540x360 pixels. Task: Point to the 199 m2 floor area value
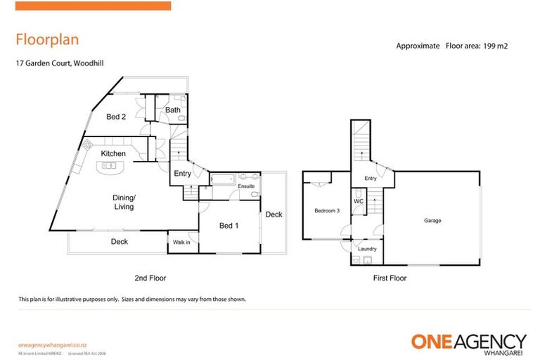pos(491,46)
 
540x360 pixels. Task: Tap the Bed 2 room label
pos(116,117)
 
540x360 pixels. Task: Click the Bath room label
pos(173,110)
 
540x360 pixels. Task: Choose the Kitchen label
pos(113,153)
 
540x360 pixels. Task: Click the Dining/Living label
pos(124,202)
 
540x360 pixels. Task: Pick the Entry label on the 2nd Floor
pos(182,173)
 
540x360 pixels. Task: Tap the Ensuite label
pos(246,186)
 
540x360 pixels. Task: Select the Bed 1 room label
pos(229,225)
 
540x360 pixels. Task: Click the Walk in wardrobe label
pos(180,243)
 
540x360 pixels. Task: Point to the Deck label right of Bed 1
pos(274,214)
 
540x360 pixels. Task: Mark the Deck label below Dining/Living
pos(120,242)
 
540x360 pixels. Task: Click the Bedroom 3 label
pos(327,211)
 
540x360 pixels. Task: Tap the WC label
pos(358,201)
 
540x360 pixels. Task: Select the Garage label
pos(432,220)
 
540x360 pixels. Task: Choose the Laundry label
pos(367,249)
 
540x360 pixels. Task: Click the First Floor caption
pos(390,278)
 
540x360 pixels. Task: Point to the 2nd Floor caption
pos(149,278)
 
